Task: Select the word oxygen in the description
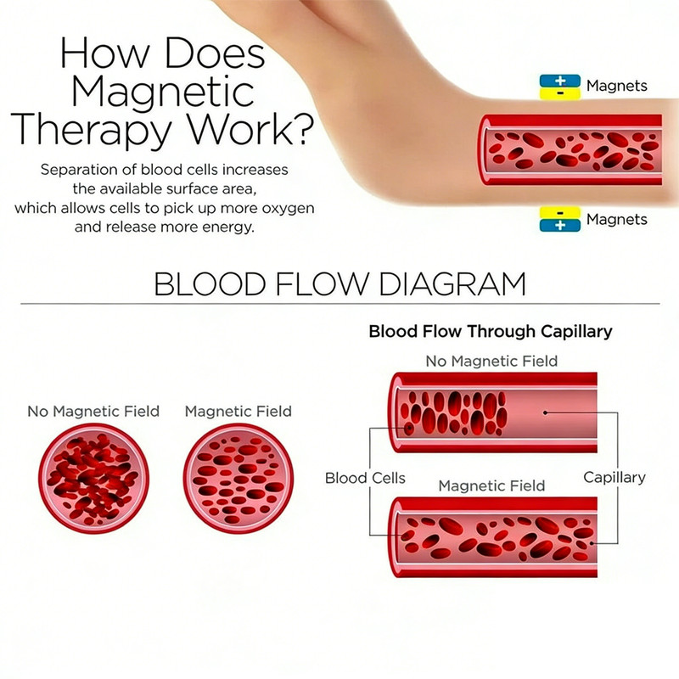point(288,209)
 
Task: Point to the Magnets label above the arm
point(617,86)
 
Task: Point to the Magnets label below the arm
point(617,220)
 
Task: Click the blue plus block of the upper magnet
point(560,81)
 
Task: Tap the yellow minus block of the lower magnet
point(560,213)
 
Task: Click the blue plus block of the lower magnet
point(560,225)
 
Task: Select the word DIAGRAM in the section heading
point(452,284)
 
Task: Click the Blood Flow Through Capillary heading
point(491,332)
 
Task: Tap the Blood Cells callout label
point(365,478)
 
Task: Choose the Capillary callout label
point(614,478)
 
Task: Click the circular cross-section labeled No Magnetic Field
point(93,479)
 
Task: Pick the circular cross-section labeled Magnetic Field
point(238,479)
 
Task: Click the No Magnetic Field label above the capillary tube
point(491,362)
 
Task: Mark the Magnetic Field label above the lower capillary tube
point(491,485)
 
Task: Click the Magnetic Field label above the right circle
point(238,412)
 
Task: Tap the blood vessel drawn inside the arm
point(570,150)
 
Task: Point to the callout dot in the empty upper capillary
point(545,412)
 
